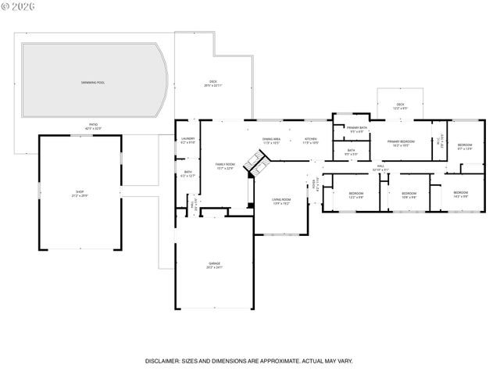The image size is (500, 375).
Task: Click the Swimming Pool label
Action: point(94,82)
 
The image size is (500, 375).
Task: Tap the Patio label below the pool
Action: point(93,126)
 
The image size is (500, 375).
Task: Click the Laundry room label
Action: point(187,141)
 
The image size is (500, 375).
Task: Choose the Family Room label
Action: point(225,166)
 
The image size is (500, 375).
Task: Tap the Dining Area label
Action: point(271,141)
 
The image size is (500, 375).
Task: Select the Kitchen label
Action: point(310,141)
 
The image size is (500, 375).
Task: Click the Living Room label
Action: point(280,202)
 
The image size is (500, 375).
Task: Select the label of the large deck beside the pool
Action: point(212,84)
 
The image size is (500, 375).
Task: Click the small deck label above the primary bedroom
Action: point(400,105)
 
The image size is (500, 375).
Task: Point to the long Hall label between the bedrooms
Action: point(380,168)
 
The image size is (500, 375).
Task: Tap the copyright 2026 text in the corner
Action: point(19,8)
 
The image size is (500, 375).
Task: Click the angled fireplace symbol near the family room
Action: point(256,162)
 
